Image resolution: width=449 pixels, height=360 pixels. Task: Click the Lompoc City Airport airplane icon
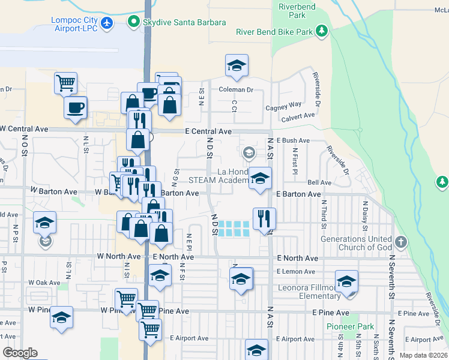coord(107,23)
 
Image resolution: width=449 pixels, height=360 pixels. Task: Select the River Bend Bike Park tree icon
coord(322,31)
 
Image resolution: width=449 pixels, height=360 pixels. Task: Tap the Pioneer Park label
coord(346,326)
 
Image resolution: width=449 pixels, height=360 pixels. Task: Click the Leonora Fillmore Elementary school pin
coord(346,281)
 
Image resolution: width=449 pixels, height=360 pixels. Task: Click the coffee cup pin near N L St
coord(75,108)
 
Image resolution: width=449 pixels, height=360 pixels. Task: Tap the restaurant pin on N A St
coord(264,219)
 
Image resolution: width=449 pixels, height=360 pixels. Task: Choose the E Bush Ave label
coord(294,140)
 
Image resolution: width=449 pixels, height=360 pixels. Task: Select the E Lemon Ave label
coord(297,272)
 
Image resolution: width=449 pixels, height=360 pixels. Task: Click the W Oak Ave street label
coord(44,282)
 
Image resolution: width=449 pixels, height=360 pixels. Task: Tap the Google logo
coord(20,353)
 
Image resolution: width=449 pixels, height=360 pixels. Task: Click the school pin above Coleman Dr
coord(237,66)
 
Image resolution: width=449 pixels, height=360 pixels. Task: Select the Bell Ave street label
coord(319,182)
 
